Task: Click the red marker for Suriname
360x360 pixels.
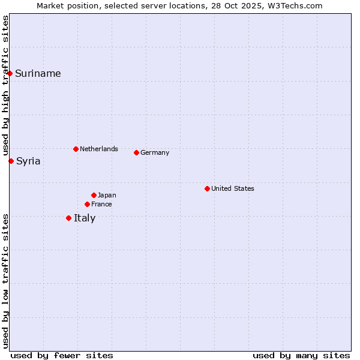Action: point(10,73)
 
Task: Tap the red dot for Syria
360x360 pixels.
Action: point(11,161)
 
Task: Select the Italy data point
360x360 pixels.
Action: point(68,218)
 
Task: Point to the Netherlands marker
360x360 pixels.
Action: point(76,149)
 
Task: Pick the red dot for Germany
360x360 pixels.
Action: point(136,152)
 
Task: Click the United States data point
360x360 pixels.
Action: point(207,188)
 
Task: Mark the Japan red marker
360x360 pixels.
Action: point(94,195)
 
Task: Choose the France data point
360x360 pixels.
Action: point(87,204)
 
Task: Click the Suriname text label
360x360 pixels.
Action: point(38,74)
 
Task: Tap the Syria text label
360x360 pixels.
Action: point(28,161)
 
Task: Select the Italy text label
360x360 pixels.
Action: point(85,218)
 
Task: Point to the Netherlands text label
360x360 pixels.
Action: point(99,149)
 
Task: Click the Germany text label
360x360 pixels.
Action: point(155,152)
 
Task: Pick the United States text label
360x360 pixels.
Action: point(233,188)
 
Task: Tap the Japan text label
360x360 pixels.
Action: point(107,195)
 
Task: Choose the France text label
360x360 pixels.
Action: point(101,204)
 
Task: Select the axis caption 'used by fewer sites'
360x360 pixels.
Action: point(62,355)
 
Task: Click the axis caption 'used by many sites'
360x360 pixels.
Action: point(301,355)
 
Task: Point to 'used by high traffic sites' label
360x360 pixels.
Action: point(5,86)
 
